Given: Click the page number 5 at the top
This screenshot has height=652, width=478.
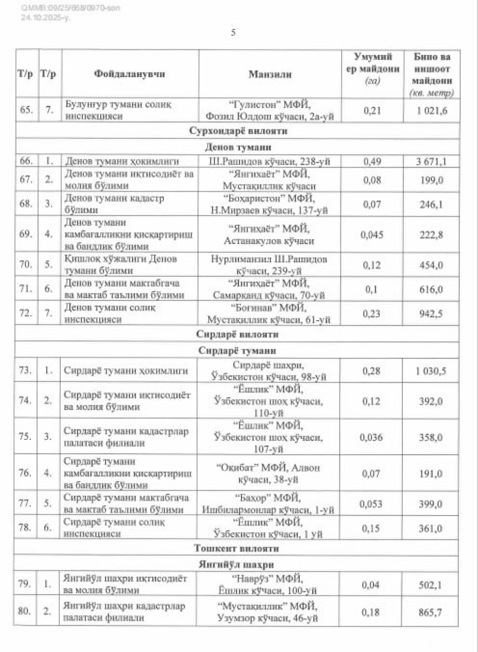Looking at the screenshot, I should [233, 32].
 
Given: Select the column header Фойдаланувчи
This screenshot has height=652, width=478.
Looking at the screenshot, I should [129, 74].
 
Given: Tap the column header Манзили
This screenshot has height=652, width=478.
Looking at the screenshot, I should [270, 74].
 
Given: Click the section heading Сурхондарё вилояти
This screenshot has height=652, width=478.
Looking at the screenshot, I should [238, 130].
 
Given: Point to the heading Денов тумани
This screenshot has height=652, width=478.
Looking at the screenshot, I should [238, 147].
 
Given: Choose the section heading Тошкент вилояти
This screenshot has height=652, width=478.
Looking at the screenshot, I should [237, 548].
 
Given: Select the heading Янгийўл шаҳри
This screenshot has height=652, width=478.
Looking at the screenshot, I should [236, 564].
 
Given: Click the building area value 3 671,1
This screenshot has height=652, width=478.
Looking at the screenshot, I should [431, 162].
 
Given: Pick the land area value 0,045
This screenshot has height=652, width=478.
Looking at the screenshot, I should [372, 235].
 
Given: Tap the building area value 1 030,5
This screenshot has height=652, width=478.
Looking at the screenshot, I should [430, 371].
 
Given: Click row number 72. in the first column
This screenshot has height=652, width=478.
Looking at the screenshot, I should [26, 313].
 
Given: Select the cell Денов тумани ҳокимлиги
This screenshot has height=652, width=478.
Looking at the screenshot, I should [122, 161].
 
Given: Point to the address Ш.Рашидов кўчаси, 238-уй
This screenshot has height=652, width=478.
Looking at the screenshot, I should [270, 162].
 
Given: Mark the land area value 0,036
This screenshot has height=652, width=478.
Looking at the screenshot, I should [371, 437].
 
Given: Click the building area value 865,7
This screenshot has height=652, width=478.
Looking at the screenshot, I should [430, 612].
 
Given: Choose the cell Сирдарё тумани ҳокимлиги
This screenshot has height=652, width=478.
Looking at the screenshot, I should [126, 371].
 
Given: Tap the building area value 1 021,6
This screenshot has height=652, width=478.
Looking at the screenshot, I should [432, 111].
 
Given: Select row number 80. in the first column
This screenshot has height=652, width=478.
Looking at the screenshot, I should [24, 611].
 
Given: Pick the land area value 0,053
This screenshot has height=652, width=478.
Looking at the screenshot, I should [371, 504].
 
